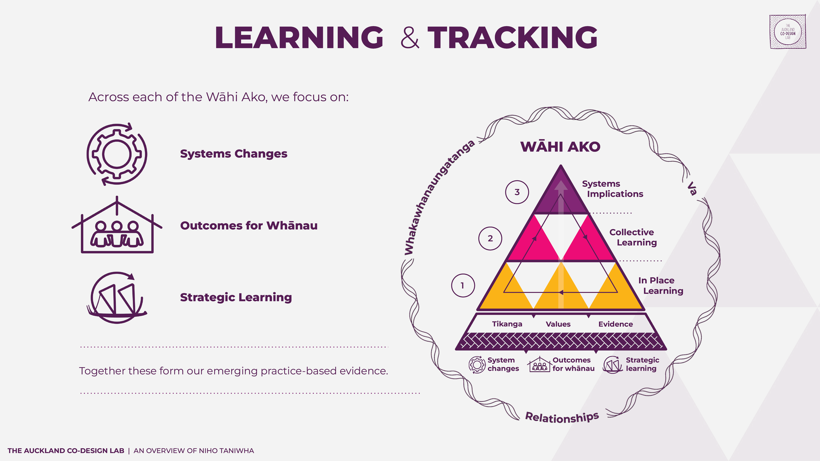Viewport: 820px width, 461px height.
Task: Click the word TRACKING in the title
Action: click(512, 38)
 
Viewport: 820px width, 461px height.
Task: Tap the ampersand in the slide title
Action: click(410, 38)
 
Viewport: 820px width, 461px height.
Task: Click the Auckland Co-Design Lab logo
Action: click(788, 31)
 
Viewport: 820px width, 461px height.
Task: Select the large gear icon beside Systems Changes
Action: click(117, 154)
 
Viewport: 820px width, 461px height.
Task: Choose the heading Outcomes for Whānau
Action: click(249, 226)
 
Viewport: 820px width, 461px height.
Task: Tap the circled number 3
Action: click(517, 192)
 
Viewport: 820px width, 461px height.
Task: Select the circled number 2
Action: click(490, 238)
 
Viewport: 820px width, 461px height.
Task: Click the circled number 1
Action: click(463, 286)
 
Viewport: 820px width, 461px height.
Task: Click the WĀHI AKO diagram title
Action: click(560, 147)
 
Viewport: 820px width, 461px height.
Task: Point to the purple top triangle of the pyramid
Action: click(561, 197)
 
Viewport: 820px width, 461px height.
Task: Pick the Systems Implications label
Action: click(612, 189)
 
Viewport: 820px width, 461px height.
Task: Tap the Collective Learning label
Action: click(633, 237)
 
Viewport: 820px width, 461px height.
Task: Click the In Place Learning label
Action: click(660, 285)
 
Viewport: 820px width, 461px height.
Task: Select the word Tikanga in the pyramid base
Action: click(507, 324)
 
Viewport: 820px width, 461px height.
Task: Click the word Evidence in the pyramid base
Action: click(615, 324)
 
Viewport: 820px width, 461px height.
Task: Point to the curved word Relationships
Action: click(562, 417)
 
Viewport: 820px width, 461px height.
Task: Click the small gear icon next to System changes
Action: click(477, 365)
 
